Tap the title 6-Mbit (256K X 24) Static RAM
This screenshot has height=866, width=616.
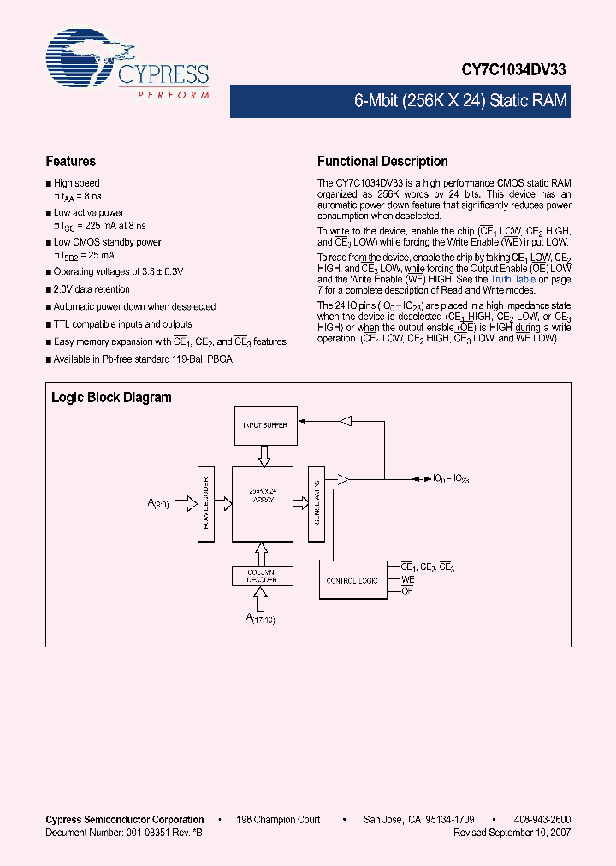click(x=460, y=101)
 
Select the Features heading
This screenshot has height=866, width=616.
click(x=70, y=161)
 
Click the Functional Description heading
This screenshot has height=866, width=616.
click(x=382, y=161)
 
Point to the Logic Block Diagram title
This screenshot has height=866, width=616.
click(x=111, y=397)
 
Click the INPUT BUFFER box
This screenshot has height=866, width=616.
click(x=264, y=424)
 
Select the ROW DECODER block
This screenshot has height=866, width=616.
click(x=205, y=504)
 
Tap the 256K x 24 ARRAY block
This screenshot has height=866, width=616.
click(x=262, y=504)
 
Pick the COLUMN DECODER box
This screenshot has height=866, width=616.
click(x=262, y=576)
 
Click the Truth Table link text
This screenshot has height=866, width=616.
click(x=513, y=279)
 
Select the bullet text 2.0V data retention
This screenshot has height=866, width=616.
click(x=92, y=289)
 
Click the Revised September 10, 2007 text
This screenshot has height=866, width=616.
click(x=512, y=832)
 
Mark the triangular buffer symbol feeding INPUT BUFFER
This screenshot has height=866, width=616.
click(x=345, y=420)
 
